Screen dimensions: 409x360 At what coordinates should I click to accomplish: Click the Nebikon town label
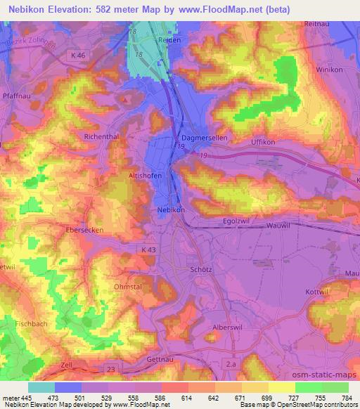pos(172,209)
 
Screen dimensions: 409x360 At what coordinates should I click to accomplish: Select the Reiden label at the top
pos(169,40)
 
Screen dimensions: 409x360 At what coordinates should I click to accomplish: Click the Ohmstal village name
pos(128,287)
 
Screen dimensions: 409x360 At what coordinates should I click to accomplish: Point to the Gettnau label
pos(153,359)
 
